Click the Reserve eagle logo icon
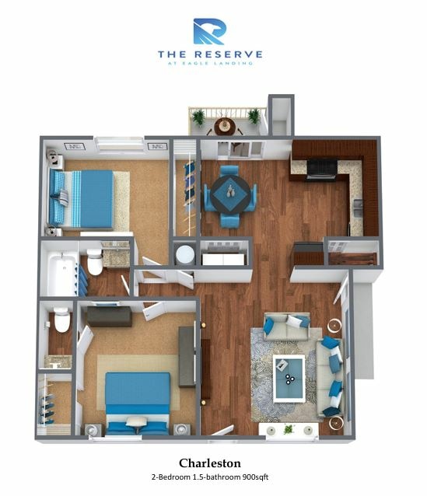click(209, 31)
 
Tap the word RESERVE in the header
click(229, 54)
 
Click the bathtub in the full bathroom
click(60, 271)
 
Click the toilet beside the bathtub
click(95, 263)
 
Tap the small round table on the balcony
click(225, 123)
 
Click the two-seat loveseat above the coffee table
click(285, 326)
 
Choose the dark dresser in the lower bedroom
click(109, 316)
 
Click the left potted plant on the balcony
click(198, 117)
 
